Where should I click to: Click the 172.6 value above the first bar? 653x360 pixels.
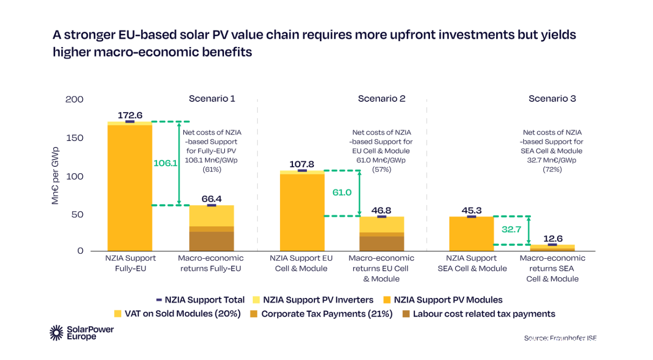click(130, 115)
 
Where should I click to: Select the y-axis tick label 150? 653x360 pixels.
click(75, 138)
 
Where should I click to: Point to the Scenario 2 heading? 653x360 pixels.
click(381, 98)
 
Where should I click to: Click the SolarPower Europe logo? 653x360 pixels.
click(73, 333)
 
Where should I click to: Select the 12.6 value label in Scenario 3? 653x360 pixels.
click(552, 238)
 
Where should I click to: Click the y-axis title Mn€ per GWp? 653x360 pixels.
click(56, 176)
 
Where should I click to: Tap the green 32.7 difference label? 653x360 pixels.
click(511, 230)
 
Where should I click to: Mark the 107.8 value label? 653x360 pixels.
click(302, 164)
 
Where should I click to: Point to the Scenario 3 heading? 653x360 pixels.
click(552, 98)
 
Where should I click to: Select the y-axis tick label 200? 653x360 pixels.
click(74, 99)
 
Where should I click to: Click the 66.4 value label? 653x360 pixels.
click(212, 199)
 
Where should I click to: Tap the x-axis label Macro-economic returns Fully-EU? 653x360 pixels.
click(211, 263)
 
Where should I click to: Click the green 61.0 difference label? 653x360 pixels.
click(342, 192)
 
